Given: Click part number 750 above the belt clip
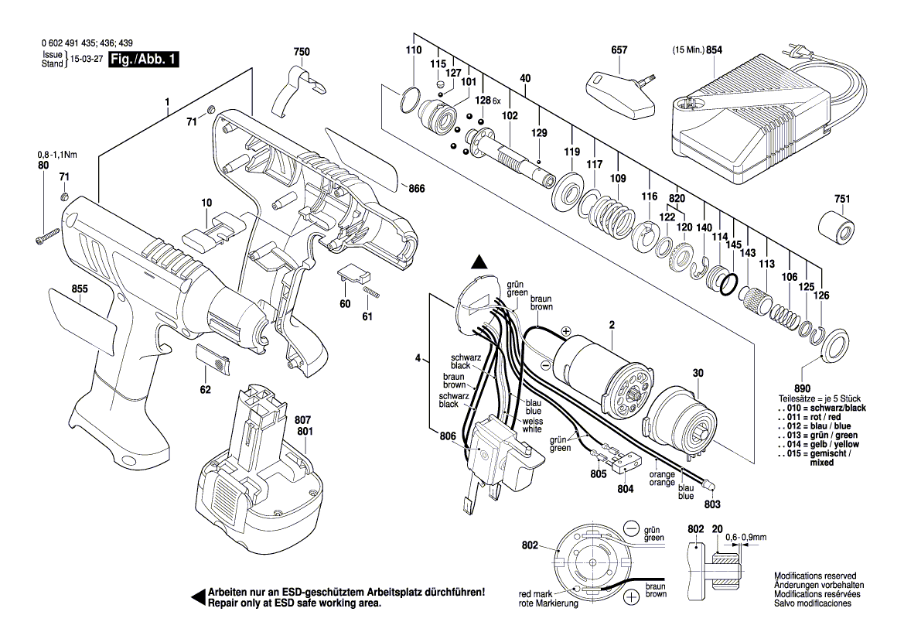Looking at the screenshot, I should [x=302, y=52].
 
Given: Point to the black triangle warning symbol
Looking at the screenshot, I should [x=480, y=263].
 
